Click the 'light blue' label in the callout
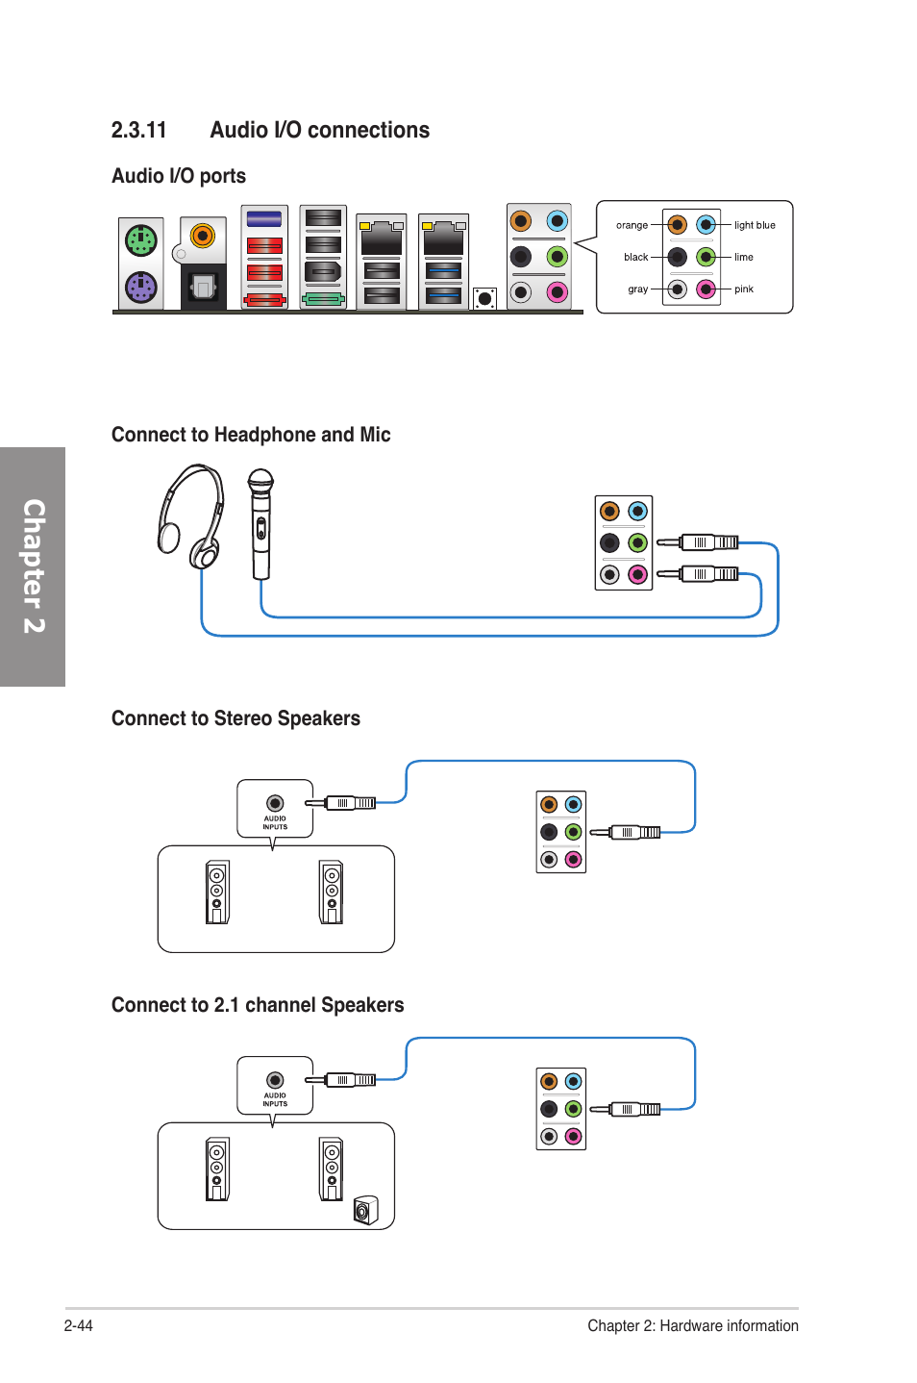755,225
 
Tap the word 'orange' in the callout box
632,225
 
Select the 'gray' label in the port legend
637,289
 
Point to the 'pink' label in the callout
744,289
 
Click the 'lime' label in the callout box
744,257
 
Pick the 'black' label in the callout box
635,257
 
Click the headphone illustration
191,515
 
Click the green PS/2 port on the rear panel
141,239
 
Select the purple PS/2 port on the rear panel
141,287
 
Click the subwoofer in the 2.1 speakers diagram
365,1210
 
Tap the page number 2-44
79,1325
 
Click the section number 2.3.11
138,130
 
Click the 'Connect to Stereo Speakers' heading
235,718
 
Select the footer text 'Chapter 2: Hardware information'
692,1325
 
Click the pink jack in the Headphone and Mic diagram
637,574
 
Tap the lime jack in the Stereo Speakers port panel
573,832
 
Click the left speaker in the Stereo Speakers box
217,892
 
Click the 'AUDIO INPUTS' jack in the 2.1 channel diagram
275,1080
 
